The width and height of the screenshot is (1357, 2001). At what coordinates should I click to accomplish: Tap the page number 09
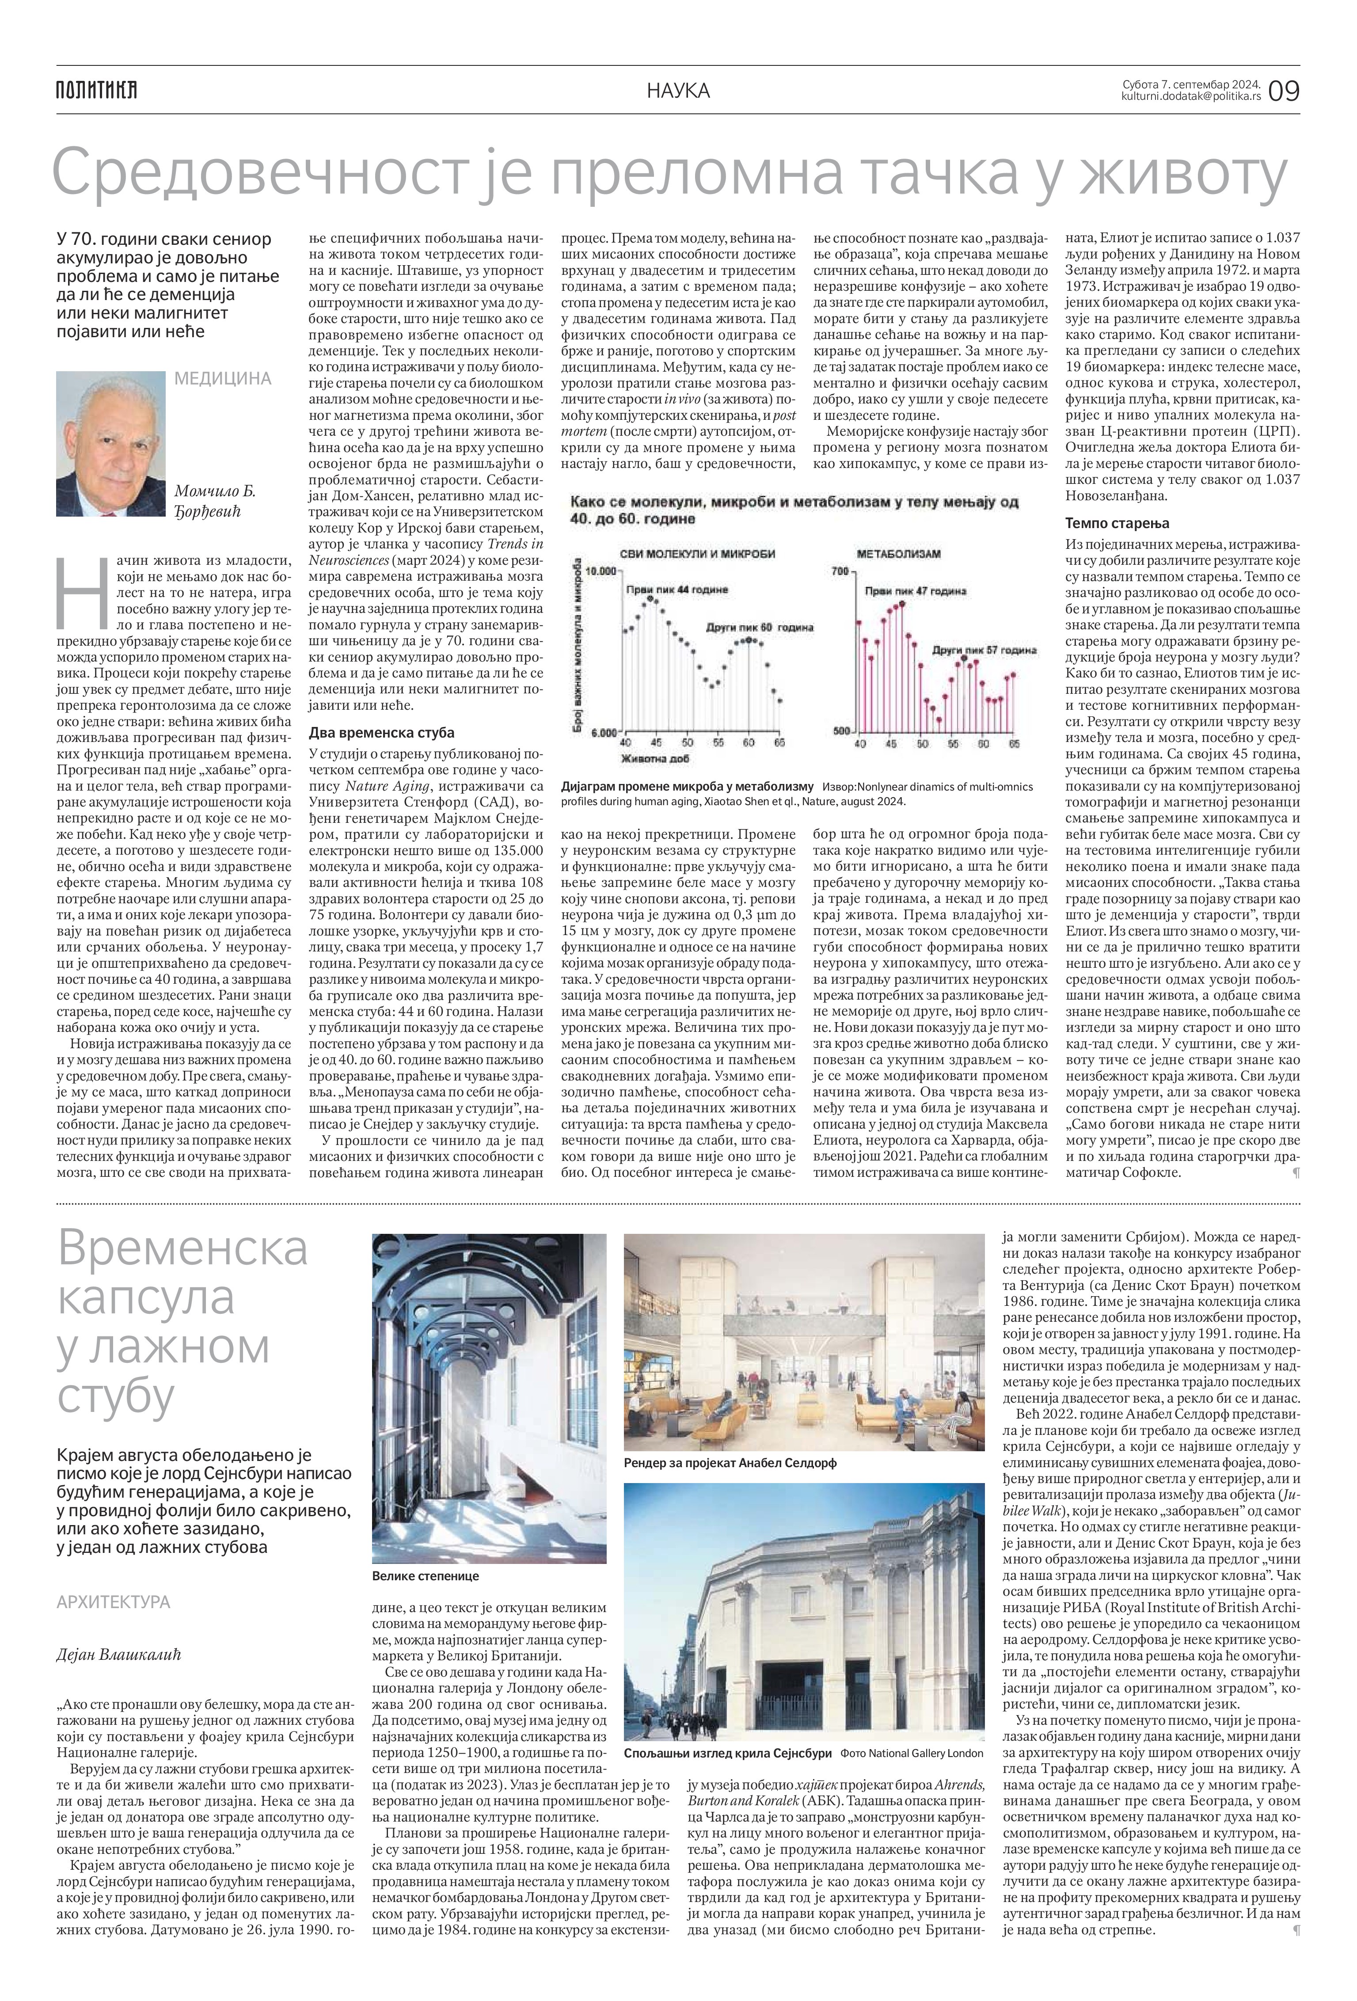click(1283, 90)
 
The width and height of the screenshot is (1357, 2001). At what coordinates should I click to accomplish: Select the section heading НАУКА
click(679, 90)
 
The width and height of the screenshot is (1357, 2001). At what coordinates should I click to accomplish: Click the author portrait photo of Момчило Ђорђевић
click(110, 443)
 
